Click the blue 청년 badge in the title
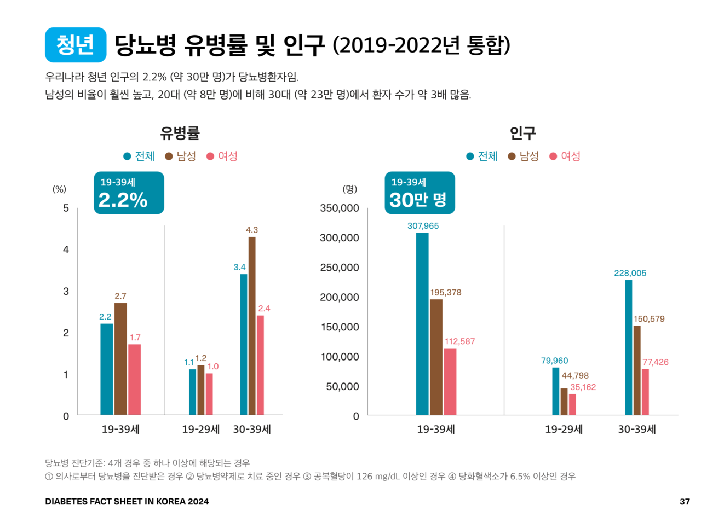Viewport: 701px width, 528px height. coord(76,45)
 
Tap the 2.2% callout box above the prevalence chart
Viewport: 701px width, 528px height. coord(129,193)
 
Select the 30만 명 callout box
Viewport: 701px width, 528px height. coord(419,193)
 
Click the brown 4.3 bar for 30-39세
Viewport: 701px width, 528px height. coord(252,326)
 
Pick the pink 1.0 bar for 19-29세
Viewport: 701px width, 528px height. coord(209,394)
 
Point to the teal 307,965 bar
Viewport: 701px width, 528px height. coord(422,324)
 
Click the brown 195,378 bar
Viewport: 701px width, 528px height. coord(436,357)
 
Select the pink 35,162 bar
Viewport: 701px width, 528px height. coord(572,404)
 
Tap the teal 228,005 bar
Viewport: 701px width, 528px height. coord(629,347)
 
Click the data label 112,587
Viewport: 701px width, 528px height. coord(459,341)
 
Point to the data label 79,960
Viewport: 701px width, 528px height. coord(554,361)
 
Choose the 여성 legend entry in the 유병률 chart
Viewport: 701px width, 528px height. coord(222,156)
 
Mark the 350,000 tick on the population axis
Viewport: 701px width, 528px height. coord(340,208)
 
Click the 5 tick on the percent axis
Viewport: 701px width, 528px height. coord(66,208)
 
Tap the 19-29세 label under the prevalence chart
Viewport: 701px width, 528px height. coord(200,430)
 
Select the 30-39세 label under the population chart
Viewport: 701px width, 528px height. coord(636,430)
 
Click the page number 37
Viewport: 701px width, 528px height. coord(685,502)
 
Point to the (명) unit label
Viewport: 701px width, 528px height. coord(349,189)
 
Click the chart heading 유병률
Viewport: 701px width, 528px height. coord(180,133)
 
